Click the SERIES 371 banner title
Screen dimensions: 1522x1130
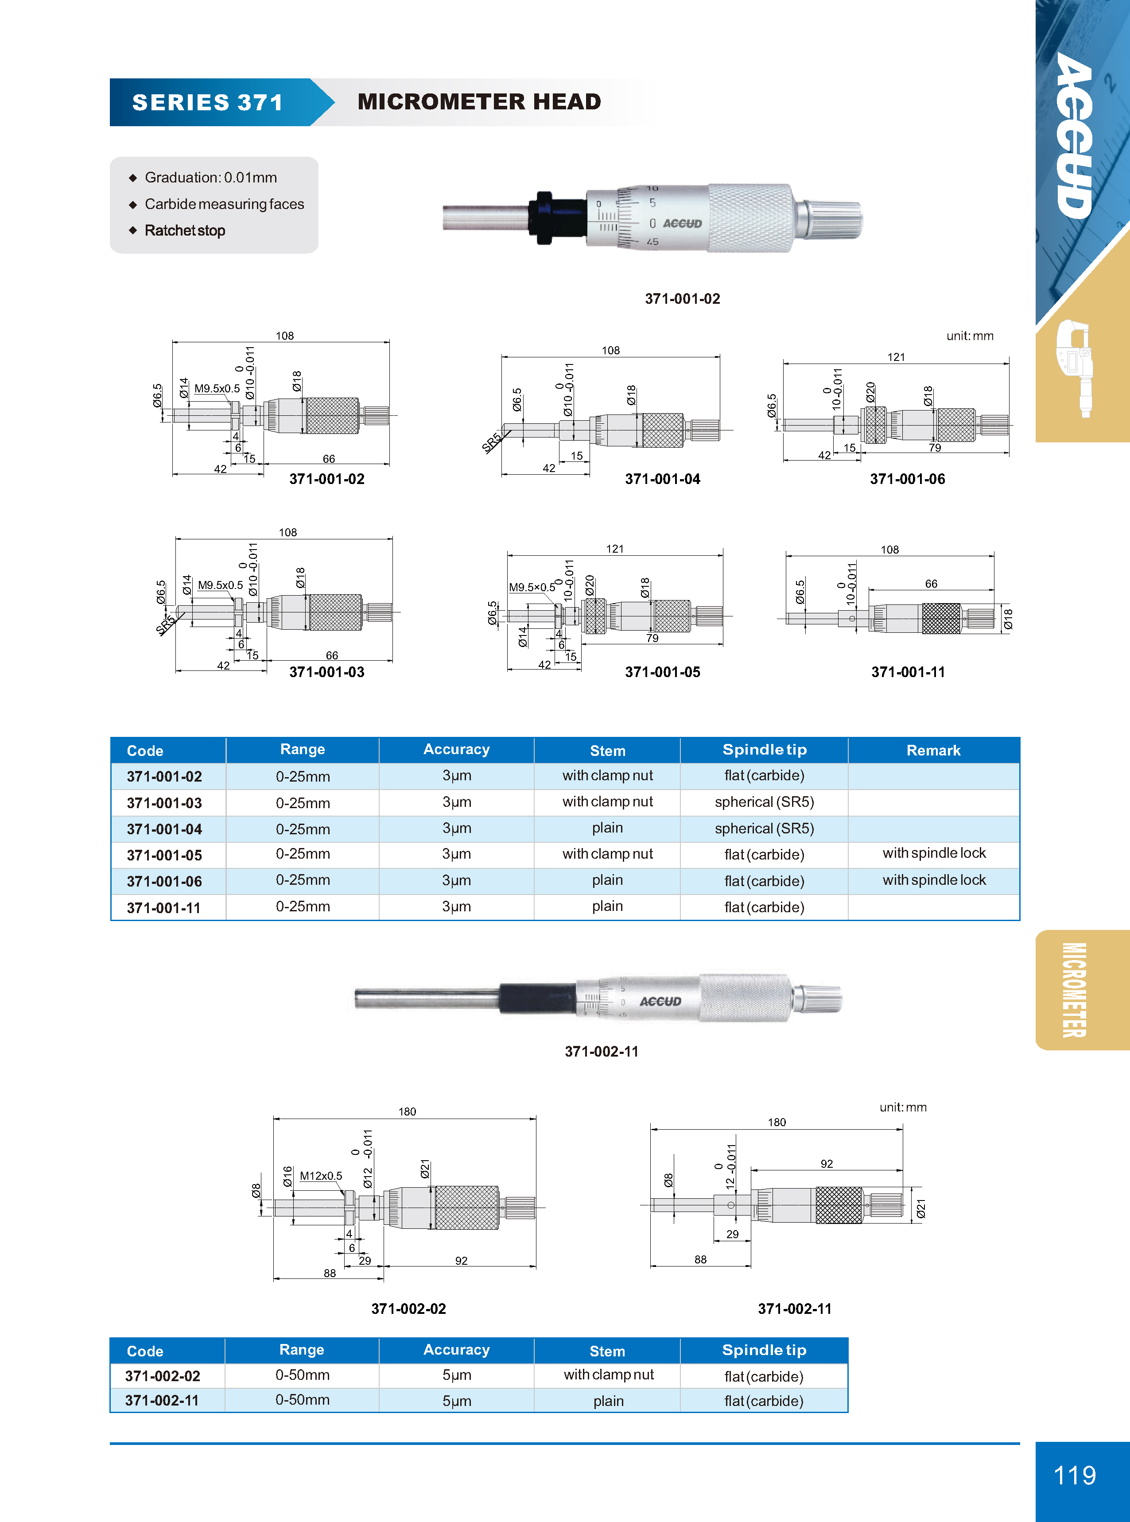tap(207, 103)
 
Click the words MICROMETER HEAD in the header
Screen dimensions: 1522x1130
tap(479, 102)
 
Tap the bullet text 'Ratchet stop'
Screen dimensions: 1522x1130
tap(185, 230)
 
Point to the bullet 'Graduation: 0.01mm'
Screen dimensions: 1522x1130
tap(211, 178)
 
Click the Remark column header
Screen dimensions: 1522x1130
tap(933, 750)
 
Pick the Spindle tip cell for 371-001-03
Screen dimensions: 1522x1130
tap(764, 802)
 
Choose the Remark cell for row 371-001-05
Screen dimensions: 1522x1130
tap(934, 853)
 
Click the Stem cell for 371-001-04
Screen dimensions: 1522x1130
tap(607, 828)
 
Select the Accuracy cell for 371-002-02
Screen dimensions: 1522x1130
tap(456, 1375)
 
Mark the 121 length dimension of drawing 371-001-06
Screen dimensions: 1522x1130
tap(896, 357)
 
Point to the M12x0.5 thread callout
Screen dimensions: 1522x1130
tap(321, 1176)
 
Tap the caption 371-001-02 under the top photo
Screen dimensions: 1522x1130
tap(682, 299)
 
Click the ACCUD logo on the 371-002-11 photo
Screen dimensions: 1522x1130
tap(660, 1002)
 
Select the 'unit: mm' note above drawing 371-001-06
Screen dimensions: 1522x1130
tap(969, 336)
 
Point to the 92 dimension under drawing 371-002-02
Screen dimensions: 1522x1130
tap(462, 1261)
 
